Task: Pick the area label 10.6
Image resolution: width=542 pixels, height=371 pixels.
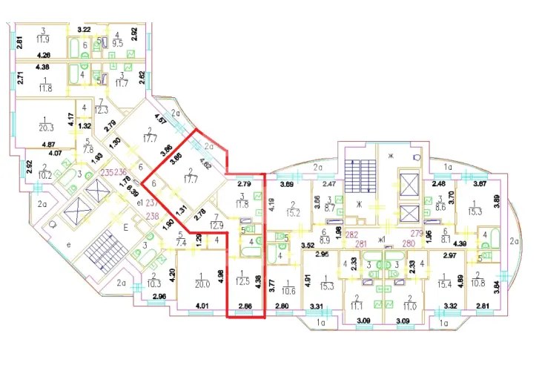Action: click(x=288, y=290)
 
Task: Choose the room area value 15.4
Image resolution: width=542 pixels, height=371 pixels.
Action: click(x=445, y=284)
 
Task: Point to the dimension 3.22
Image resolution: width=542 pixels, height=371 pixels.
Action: click(x=84, y=30)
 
